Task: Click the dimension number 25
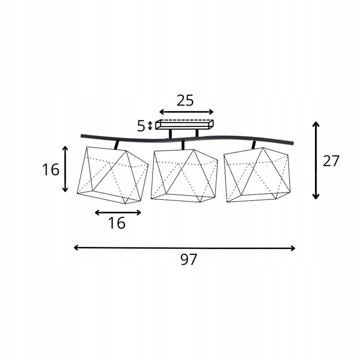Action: (x=185, y=100)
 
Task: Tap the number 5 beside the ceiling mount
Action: (x=141, y=126)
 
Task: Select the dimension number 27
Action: (x=331, y=160)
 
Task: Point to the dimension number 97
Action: (x=188, y=259)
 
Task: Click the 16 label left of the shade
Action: (x=50, y=170)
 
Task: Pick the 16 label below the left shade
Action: (x=117, y=223)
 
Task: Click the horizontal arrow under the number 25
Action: (x=186, y=112)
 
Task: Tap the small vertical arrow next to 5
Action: (x=150, y=126)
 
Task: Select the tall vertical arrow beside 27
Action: (x=316, y=160)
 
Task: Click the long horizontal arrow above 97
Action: (x=184, y=248)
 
